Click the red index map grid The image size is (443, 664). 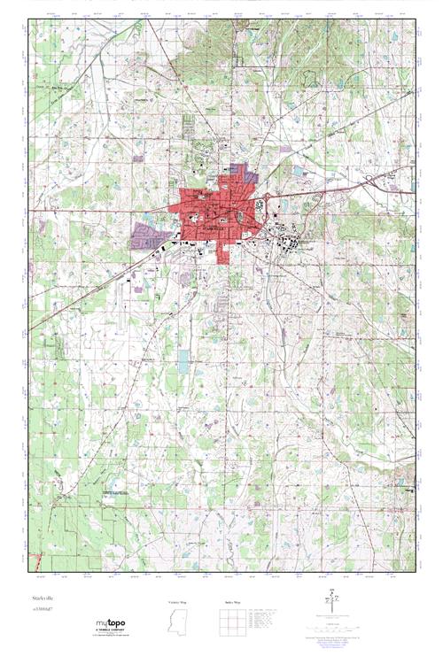pos(231,624)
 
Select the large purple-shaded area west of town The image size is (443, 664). pos(148,235)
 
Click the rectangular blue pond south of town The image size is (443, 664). pos(183,360)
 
